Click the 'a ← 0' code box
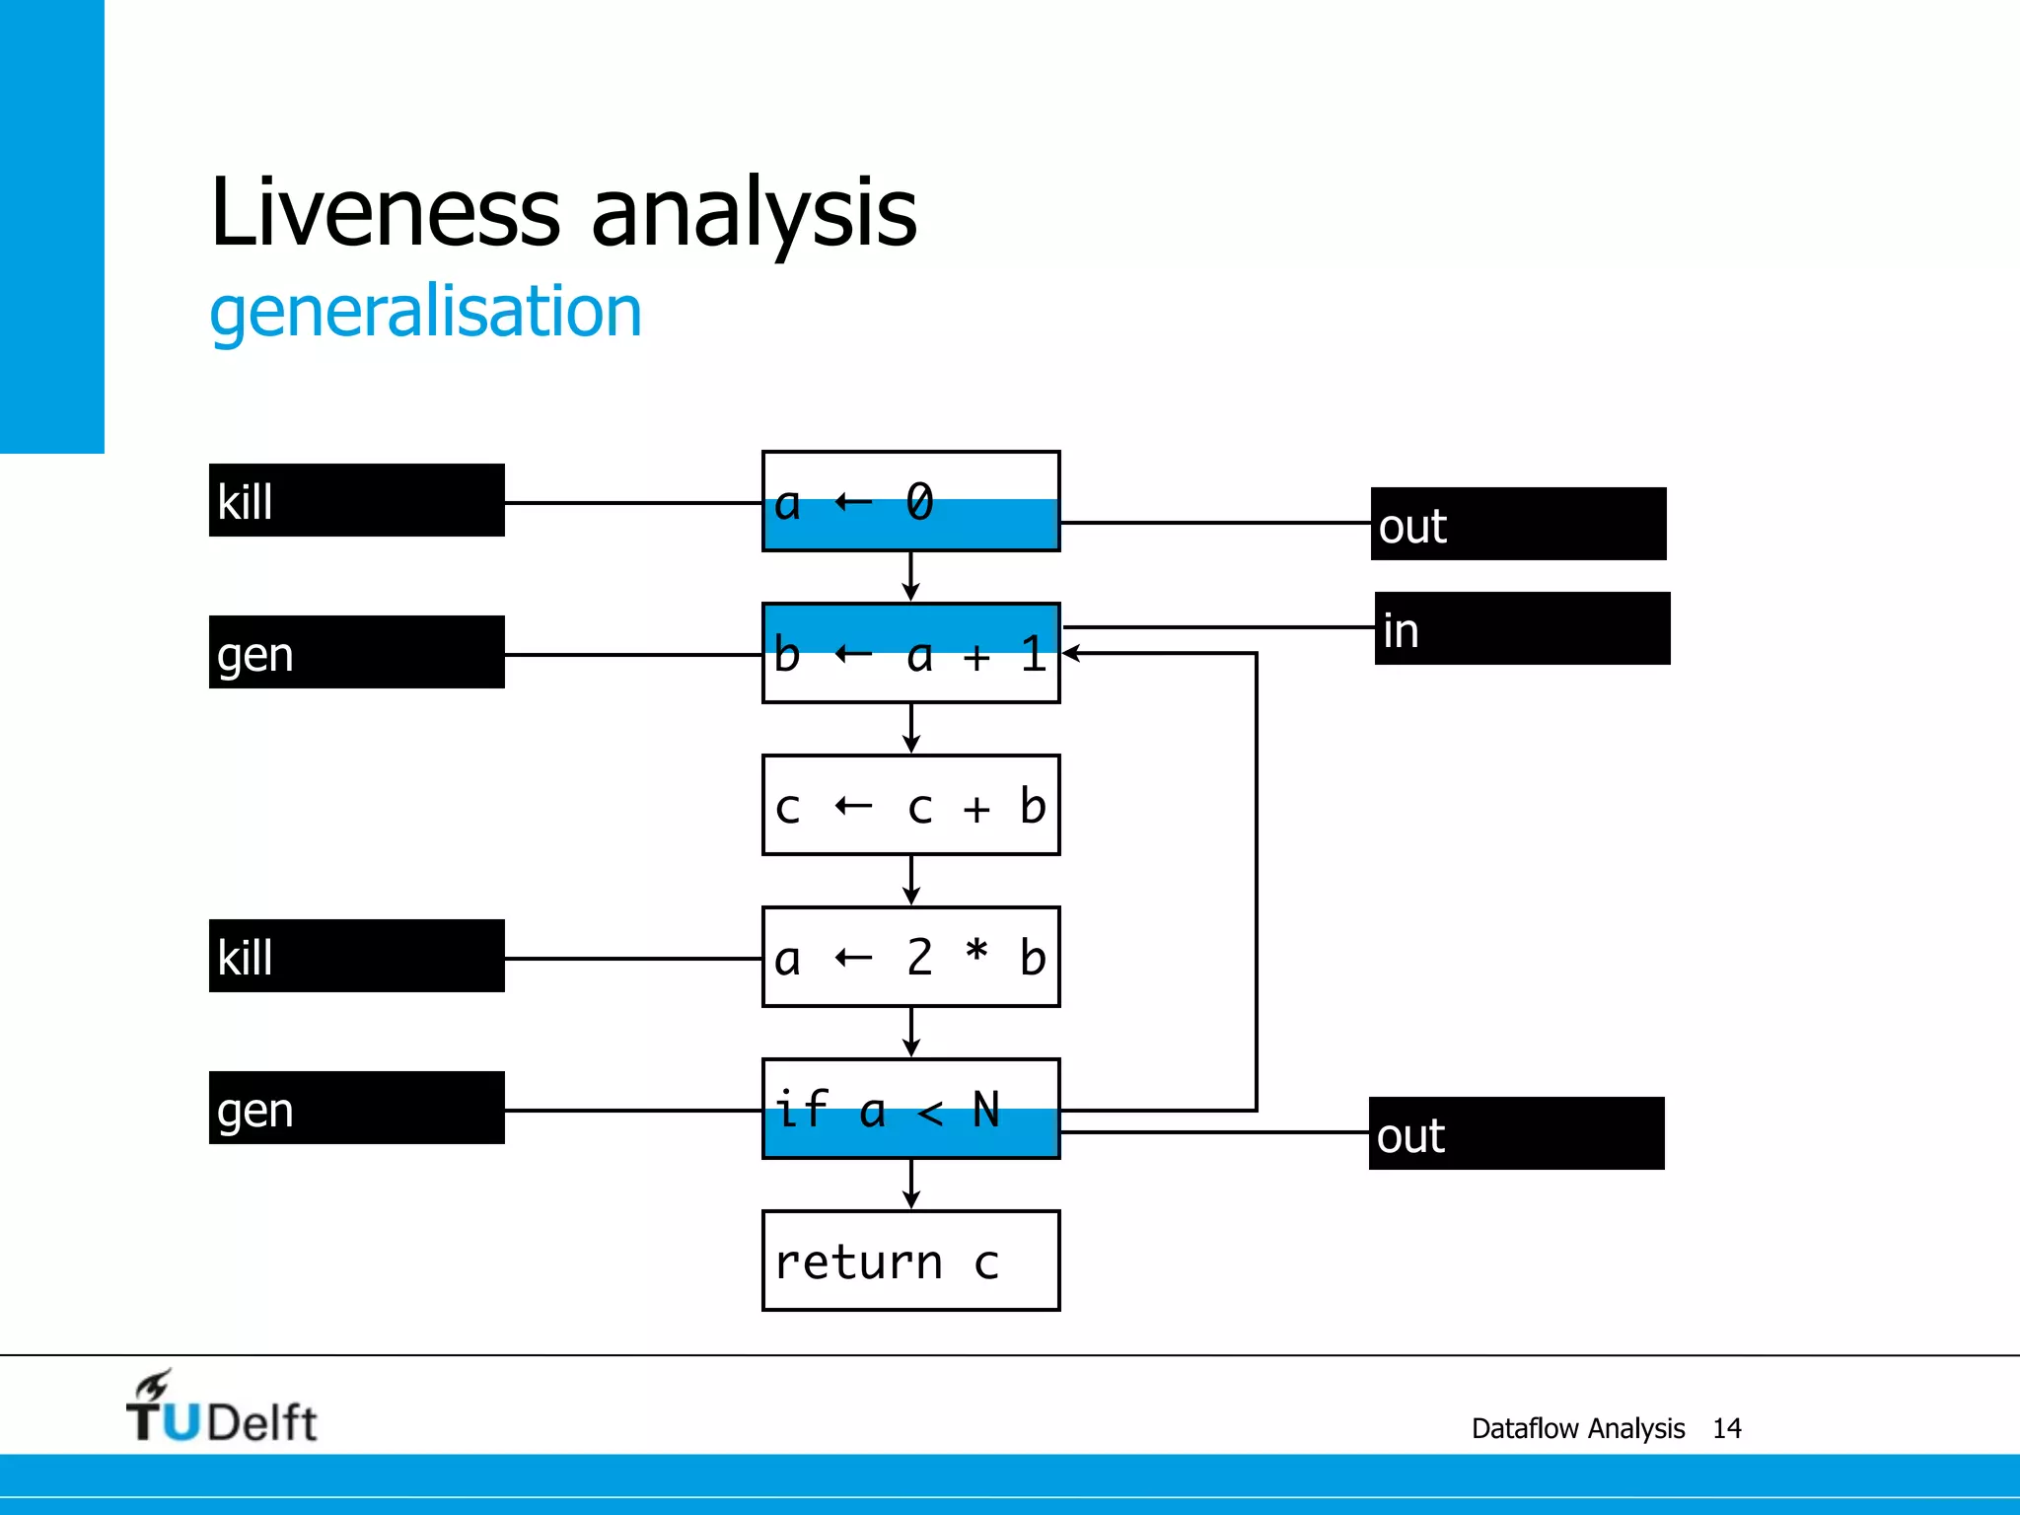910,501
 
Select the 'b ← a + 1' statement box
910,653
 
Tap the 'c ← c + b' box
910,805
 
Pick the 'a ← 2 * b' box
910,957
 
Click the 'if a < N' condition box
910,1109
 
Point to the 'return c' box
910,1261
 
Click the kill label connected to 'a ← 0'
356,500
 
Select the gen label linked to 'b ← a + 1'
356,652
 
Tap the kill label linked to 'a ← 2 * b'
356,956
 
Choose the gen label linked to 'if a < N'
356,1108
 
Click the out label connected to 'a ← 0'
1518,524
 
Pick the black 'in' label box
1522,628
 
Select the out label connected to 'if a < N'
1516,1133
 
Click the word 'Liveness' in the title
386,211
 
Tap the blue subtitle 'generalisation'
425,312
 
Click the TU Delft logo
221,1408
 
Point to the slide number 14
1726,1428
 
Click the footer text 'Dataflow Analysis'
1577,1428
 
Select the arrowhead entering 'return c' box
911,1200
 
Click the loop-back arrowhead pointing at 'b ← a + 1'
1071,653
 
